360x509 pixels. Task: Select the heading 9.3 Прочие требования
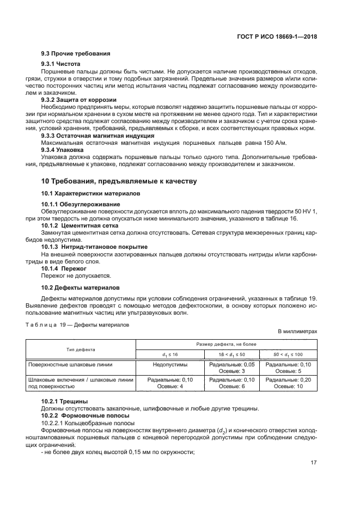tap(76, 54)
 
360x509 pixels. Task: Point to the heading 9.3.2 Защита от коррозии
tap(79, 100)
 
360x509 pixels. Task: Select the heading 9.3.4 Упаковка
tap(63, 150)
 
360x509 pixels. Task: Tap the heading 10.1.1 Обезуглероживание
tap(81, 204)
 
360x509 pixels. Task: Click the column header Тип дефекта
tap(81, 349)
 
